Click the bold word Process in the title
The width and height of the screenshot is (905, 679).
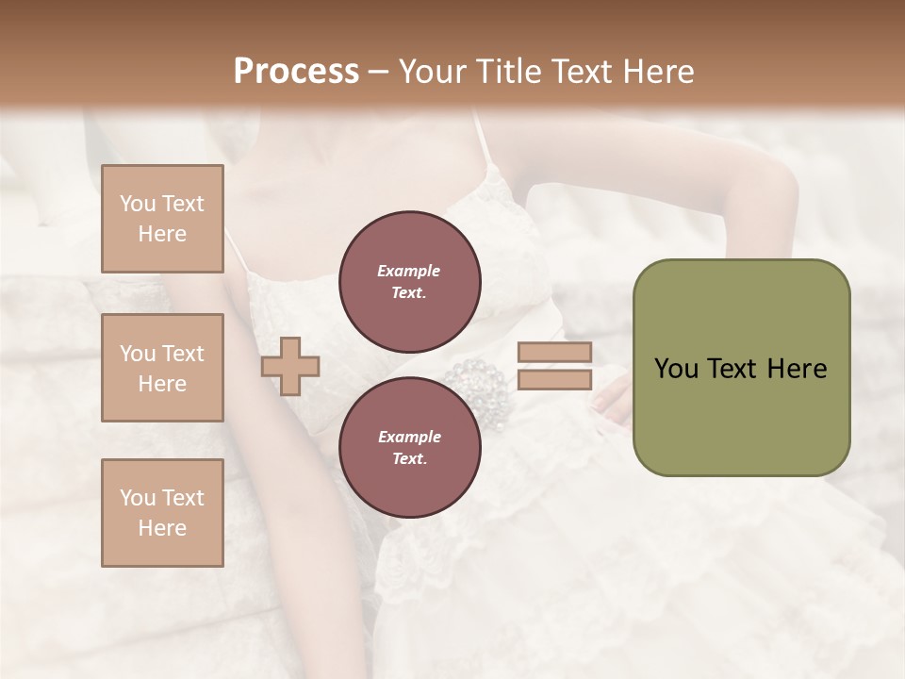click(296, 71)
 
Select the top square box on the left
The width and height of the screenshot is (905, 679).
click(162, 219)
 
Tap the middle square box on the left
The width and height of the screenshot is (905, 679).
click(162, 368)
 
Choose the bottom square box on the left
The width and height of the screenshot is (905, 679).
click(162, 513)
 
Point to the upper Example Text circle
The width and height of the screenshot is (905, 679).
click(409, 281)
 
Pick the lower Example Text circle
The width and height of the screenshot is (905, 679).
click(409, 447)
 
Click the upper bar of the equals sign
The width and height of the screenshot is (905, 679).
click(554, 353)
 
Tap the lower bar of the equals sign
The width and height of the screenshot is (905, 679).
click(554, 380)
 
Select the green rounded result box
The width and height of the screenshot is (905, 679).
click(741, 368)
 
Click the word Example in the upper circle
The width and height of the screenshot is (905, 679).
click(409, 271)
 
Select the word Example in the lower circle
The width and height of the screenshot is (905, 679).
click(409, 437)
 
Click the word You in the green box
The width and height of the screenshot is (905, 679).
click(676, 369)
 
